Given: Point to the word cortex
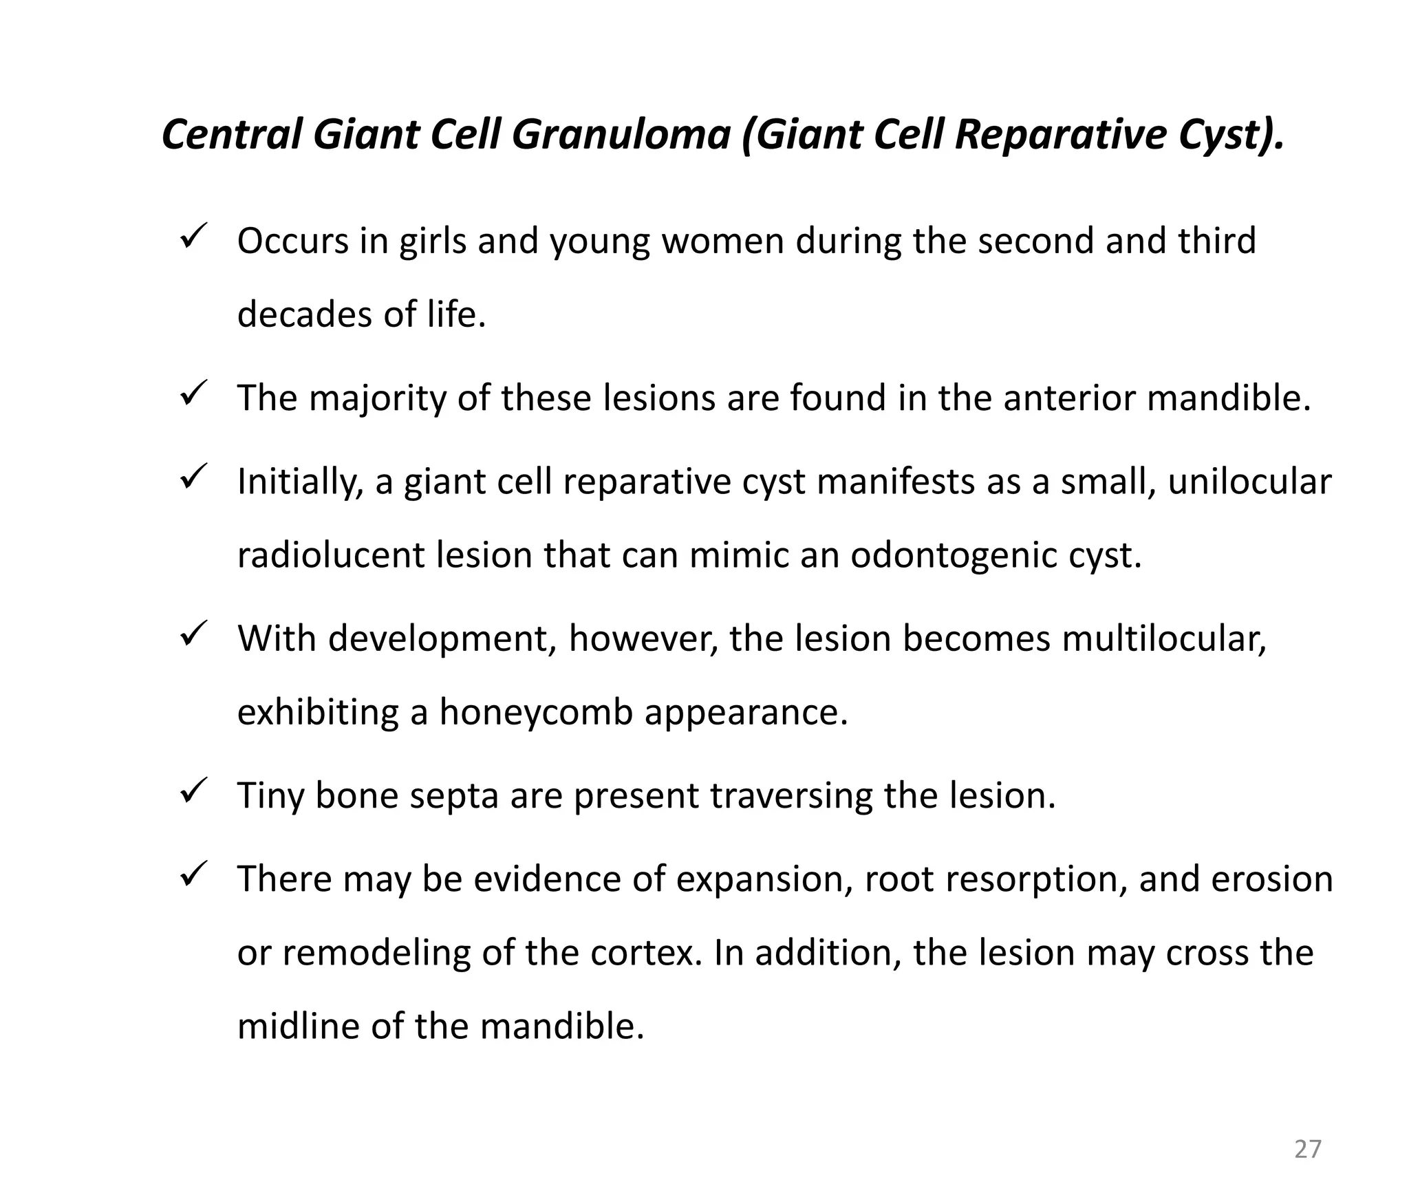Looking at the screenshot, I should tap(642, 953).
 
